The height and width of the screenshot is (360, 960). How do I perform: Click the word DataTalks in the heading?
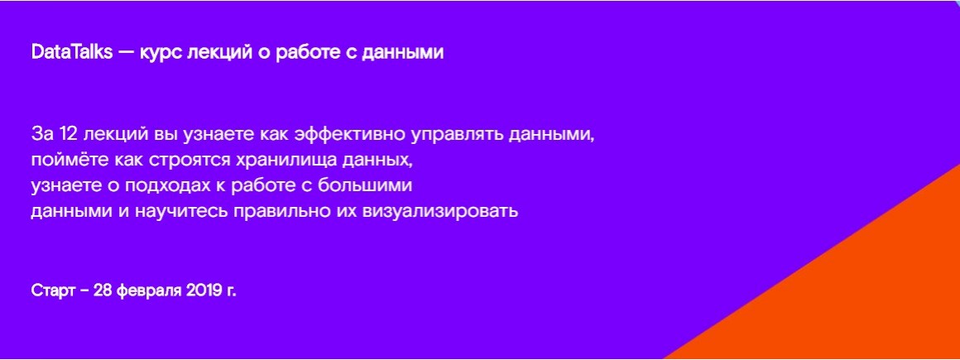coord(72,53)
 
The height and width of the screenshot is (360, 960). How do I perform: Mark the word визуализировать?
coord(440,213)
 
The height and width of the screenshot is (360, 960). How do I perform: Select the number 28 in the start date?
coord(103,290)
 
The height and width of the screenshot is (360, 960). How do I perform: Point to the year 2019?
coord(204,290)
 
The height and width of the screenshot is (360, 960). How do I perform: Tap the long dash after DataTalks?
coord(126,54)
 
